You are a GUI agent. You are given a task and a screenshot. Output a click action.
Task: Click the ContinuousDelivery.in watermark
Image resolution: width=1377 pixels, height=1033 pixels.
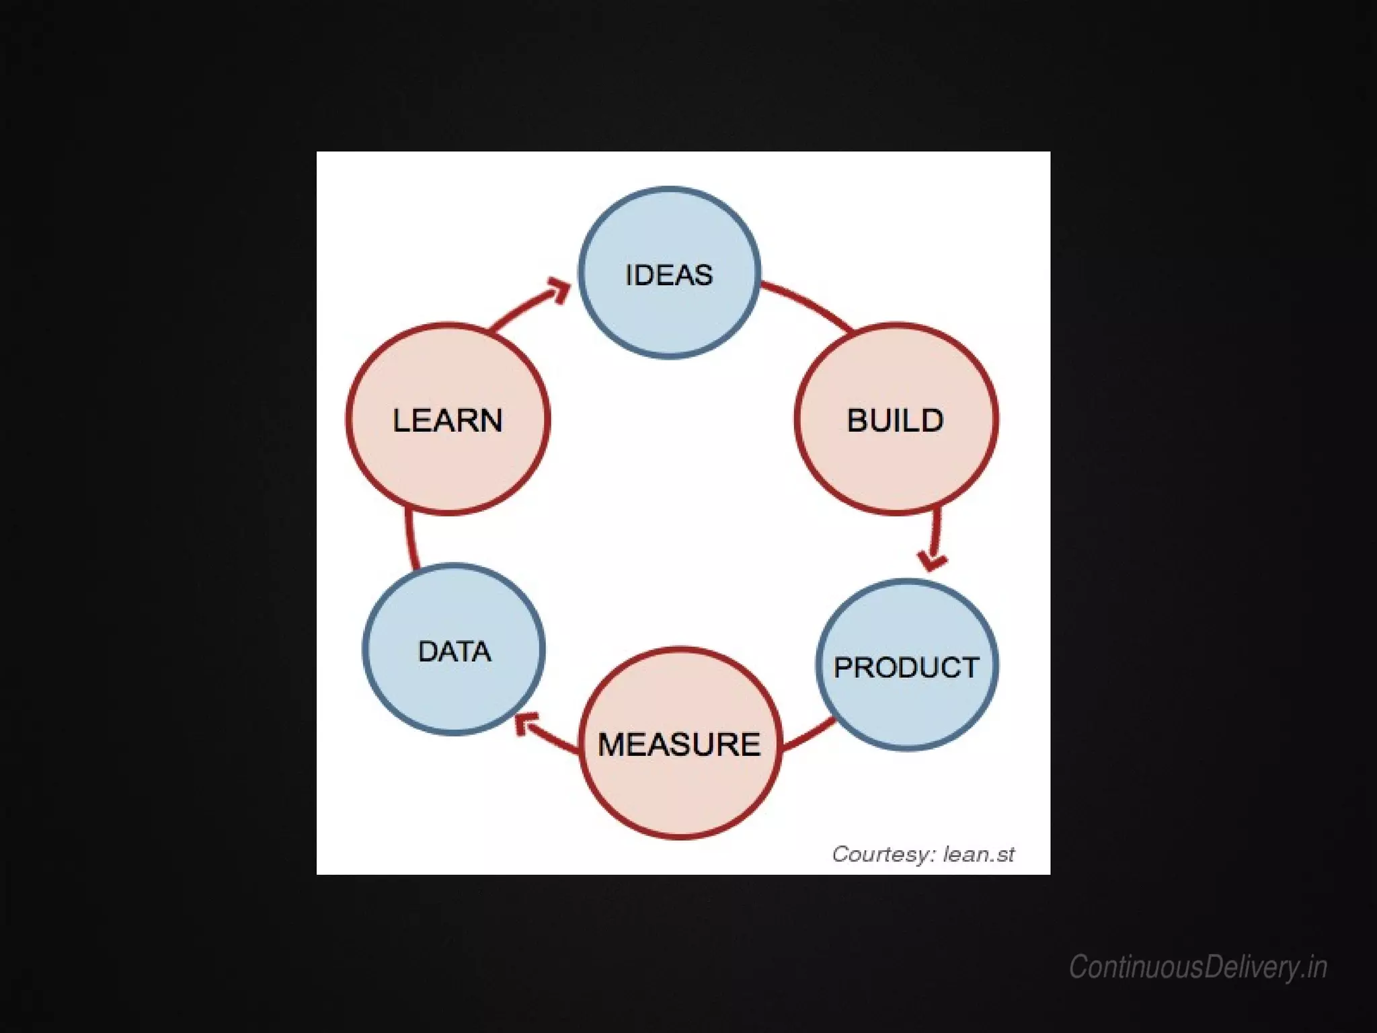1197,967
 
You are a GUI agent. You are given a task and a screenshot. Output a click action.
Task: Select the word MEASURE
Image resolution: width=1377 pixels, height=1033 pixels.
679,744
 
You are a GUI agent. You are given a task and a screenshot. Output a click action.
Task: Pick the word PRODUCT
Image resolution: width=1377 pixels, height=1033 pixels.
906,667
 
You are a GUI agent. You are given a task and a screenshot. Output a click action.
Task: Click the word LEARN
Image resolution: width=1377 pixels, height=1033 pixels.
448,420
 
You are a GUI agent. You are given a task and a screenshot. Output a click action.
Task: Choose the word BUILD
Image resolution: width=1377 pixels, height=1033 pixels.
896,420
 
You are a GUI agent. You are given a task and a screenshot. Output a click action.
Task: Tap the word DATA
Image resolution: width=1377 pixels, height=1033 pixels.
455,651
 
